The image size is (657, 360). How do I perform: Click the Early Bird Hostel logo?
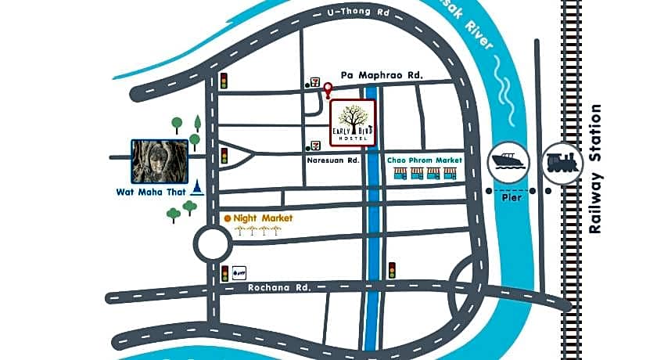[353, 122]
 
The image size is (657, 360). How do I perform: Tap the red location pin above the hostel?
[328, 93]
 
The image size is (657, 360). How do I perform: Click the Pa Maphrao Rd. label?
[382, 75]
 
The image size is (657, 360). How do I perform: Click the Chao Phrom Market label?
[425, 160]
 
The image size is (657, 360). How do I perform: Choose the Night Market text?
[263, 218]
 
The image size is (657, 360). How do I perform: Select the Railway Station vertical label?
[597, 168]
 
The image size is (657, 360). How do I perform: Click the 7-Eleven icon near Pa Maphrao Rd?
[314, 81]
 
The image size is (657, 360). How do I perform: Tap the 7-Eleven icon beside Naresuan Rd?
[315, 146]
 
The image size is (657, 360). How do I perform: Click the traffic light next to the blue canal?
[392, 270]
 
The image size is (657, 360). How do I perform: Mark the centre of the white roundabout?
[214, 245]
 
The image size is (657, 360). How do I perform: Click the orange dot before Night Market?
[227, 218]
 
